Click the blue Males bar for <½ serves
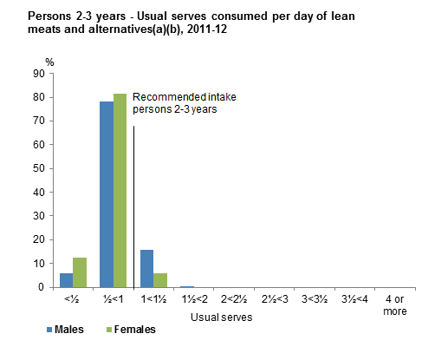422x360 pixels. point(66,279)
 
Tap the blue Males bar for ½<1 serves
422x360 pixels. point(107,194)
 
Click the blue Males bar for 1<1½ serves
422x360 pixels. point(146,268)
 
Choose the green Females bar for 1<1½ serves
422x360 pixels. point(159,279)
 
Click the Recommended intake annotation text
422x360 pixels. point(184,103)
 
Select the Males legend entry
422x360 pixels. point(64,330)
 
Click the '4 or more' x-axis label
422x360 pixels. point(393,305)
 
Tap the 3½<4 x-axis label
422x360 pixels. point(354,300)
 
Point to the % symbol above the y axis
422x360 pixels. point(49,62)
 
